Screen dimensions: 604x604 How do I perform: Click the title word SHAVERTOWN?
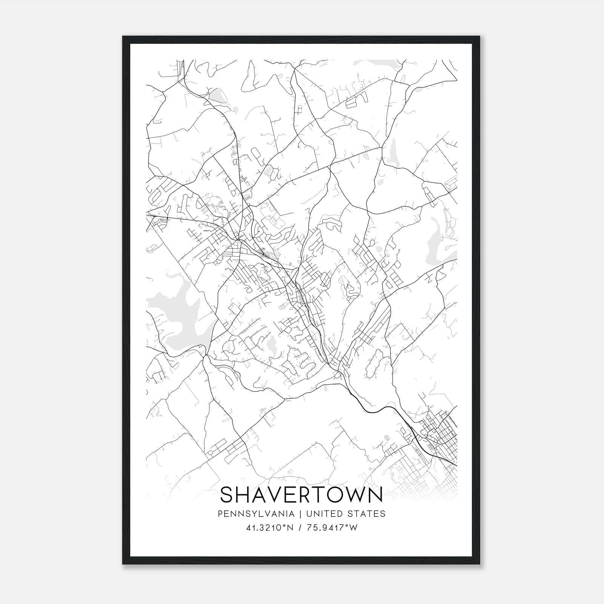coord(301,495)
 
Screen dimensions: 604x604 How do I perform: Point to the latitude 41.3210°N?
coord(270,528)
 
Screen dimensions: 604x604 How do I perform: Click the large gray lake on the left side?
coord(177,310)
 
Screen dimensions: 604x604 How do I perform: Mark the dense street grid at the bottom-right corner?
coord(440,430)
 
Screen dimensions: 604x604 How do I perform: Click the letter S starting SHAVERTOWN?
coord(227,495)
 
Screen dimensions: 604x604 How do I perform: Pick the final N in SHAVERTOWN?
coord(376,495)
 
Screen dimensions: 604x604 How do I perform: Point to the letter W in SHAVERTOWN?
coord(354,495)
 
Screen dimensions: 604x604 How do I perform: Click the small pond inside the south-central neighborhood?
coord(271,344)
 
